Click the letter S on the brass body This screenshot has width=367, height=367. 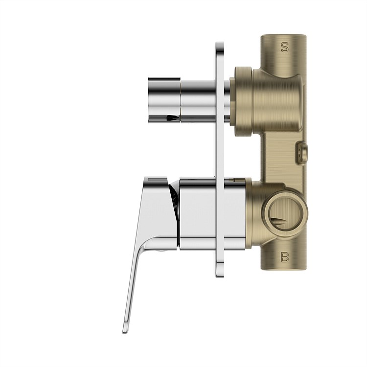(284, 47)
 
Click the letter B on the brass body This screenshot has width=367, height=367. (284, 256)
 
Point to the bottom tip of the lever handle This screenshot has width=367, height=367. (125, 329)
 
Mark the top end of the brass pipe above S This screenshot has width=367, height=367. (284, 37)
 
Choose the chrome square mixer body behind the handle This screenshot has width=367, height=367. (212, 214)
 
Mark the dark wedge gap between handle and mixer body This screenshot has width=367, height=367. (174, 198)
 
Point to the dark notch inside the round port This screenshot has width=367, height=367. (278, 221)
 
